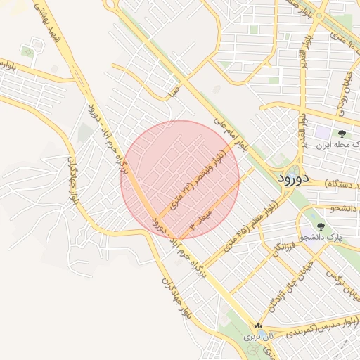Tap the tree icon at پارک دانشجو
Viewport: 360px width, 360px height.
pyautogui.click(x=321, y=226)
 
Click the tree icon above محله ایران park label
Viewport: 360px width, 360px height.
pyautogui.click(x=342, y=133)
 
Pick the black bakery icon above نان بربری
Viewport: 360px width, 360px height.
pyautogui.click(x=258, y=326)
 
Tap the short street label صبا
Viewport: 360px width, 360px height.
pyautogui.click(x=174, y=90)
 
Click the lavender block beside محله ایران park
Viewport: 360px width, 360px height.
pyautogui.click(x=322, y=131)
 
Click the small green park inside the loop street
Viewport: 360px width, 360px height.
pyautogui.click(x=28, y=51)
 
